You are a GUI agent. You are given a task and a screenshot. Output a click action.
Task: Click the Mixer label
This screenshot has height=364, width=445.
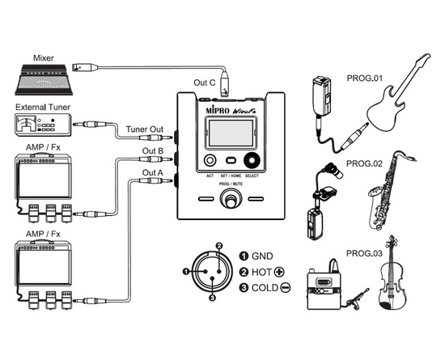tap(44, 58)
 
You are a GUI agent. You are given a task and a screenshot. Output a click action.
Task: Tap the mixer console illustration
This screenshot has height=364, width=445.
tap(44, 80)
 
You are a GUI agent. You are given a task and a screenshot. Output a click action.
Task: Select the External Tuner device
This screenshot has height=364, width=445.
tap(43, 125)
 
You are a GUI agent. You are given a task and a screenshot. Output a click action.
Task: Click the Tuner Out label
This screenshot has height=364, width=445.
tap(145, 129)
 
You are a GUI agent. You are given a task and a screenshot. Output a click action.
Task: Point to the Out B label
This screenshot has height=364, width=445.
tap(153, 151)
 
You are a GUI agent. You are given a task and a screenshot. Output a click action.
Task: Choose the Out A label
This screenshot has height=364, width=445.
tap(153, 172)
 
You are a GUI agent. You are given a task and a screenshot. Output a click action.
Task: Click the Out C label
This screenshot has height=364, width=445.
tap(205, 83)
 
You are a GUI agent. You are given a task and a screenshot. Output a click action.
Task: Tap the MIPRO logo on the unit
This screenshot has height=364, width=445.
tap(218, 110)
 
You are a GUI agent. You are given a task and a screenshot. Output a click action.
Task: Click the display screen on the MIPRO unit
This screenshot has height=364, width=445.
tap(231, 133)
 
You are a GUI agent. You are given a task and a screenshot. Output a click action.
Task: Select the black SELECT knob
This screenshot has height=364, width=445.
tap(252, 161)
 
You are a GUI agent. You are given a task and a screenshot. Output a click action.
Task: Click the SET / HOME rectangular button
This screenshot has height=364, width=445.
tap(231, 161)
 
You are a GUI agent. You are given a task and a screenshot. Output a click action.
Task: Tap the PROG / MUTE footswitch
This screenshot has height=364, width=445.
tap(231, 200)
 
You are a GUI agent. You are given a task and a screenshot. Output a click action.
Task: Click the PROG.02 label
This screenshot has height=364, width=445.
tap(364, 163)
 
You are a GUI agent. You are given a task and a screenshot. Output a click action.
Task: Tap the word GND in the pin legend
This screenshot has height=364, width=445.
tap(262, 256)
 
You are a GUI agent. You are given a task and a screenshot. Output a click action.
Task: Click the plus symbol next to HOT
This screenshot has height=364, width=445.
tap(280, 272)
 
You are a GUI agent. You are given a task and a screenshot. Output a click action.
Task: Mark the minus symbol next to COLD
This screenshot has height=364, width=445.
tap(286, 288)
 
